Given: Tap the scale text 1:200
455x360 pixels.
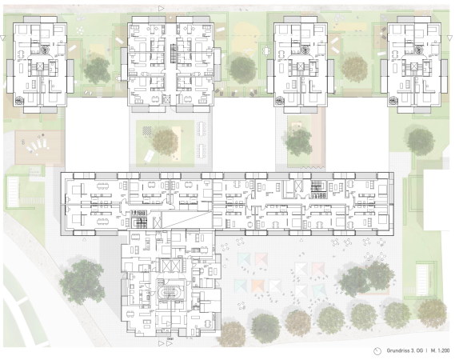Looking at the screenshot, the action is (x=445, y=350).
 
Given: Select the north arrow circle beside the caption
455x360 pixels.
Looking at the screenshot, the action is (x=377, y=351).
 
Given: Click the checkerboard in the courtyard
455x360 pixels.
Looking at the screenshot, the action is (x=147, y=130).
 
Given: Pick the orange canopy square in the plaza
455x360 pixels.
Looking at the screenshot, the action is (x=257, y=286).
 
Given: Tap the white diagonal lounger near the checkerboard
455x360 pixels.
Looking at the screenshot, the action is (x=149, y=157).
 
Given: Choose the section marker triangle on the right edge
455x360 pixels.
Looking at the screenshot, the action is (x=449, y=38).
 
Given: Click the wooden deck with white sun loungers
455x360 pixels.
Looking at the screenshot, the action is (x=39, y=147).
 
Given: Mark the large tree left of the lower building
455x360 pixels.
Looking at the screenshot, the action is (x=82, y=281).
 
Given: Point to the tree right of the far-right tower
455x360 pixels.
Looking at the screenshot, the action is (x=421, y=142).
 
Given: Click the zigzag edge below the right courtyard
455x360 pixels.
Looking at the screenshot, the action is (x=312, y=168).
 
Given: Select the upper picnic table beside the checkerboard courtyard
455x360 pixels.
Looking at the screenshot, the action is (x=202, y=129).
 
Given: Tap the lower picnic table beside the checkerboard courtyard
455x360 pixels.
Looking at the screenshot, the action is (x=202, y=151).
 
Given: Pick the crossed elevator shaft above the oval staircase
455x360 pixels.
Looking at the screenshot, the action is (x=170, y=266).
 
